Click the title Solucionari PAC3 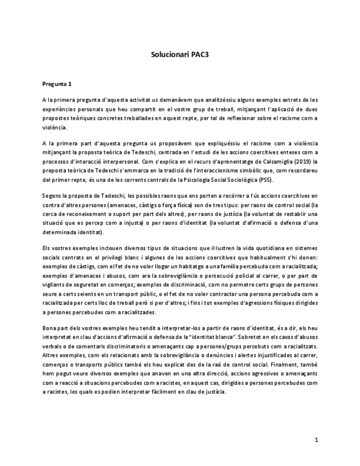pos(180,55)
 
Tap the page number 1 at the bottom pos(317,440)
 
